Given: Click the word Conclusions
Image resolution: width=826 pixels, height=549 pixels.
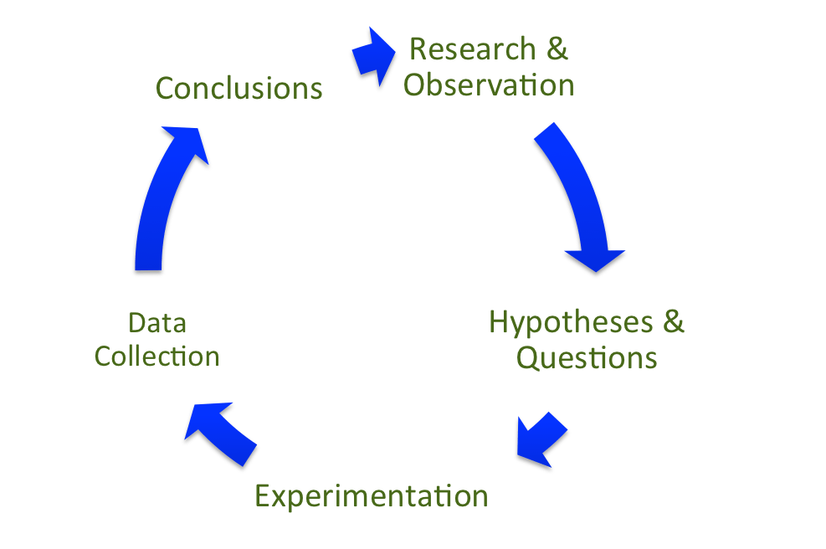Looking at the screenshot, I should (x=239, y=88).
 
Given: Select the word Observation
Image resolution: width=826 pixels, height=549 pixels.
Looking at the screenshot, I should (x=489, y=85).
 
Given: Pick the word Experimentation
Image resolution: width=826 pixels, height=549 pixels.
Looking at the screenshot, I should (x=371, y=496).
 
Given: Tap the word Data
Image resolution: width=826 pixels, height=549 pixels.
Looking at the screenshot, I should (x=157, y=322).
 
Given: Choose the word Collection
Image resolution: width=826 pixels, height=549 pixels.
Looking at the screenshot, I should (x=156, y=357).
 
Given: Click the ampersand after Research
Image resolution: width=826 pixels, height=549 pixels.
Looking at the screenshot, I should (x=557, y=49).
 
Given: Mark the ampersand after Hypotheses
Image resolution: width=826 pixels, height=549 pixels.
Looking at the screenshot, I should (x=671, y=322).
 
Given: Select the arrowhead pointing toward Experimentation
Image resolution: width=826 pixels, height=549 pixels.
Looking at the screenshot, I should (x=530, y=449).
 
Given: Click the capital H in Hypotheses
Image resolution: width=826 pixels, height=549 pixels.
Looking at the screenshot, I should (x=499, y=321).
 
